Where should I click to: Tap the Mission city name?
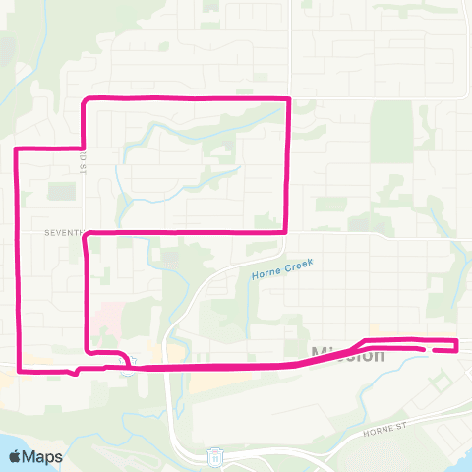347,355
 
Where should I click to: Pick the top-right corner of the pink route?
286,99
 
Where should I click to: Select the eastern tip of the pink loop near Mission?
456,343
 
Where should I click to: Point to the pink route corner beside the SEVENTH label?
88,234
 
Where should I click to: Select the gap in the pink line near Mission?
426,348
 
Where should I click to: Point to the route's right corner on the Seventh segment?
285,231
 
